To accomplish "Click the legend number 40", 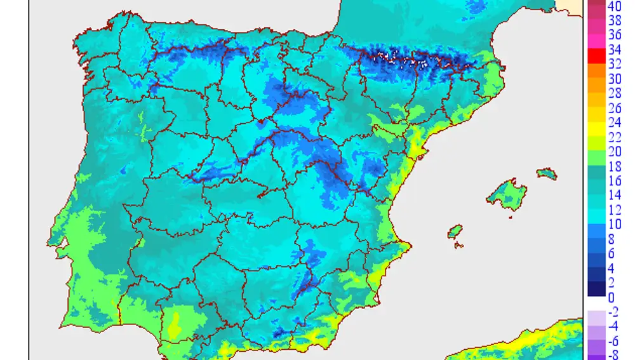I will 614,6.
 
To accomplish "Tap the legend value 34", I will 614,50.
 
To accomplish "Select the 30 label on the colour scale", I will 614,79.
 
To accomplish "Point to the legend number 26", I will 614,108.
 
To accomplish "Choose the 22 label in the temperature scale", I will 614,137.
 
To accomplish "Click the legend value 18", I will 614,166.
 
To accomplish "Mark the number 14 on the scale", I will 614,195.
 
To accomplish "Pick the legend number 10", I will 614,223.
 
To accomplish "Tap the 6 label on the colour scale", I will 611,253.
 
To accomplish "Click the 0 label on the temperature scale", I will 611,297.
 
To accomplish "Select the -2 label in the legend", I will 613,312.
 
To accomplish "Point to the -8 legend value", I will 613,354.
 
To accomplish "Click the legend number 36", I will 614,36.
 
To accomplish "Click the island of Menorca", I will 546,173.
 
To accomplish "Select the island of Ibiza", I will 455,232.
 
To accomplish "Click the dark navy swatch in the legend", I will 596,289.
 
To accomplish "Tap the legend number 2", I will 611,282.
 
